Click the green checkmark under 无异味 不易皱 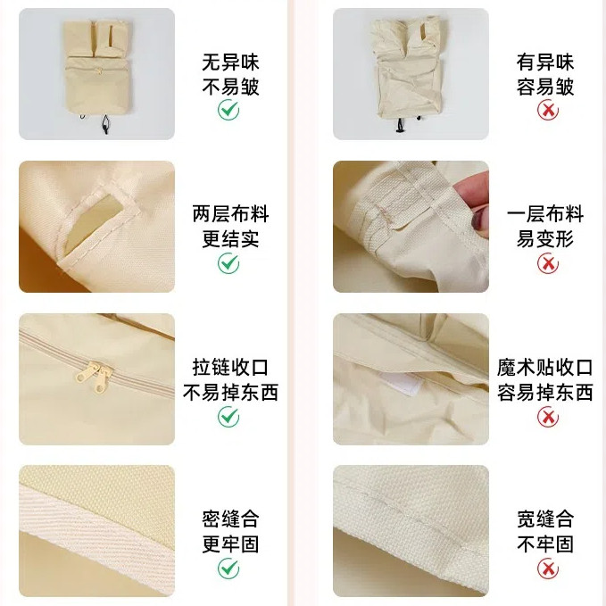pos(228,110)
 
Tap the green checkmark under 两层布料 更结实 pos(228,263)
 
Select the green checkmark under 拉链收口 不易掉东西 pos(228,416)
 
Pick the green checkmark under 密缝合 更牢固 pos(228,569)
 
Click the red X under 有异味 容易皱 pos(548,111)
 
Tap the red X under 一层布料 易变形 pos(548,263)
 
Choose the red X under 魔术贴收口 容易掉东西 pos(548,417)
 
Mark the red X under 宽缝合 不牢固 pos(548,569)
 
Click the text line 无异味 pos(230,62)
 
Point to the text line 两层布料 pos(230,213)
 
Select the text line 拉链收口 pos(230,367)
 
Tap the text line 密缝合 pos(230,519)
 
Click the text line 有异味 pos(545,62)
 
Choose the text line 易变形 pos(545,238)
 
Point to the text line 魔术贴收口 pos(545,367)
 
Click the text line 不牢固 pos(545,544)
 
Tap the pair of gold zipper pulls pos(94,377)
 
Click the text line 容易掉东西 pos(545,393)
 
